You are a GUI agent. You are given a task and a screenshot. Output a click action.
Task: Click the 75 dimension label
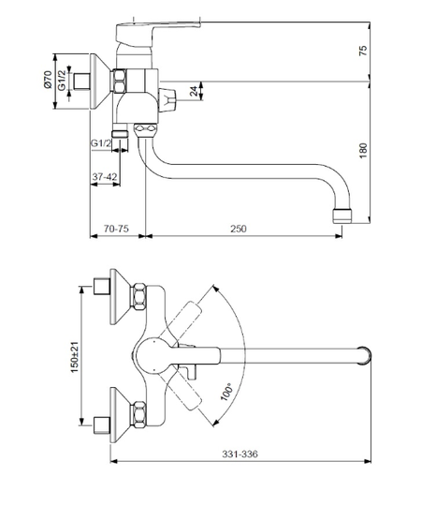click(x=363, y=51)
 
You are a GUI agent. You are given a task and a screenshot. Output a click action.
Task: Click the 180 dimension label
click(x=363, y=150)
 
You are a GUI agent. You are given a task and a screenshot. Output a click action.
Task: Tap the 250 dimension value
click(x=239, y=229)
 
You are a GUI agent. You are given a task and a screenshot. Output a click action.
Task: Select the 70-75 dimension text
click(x=116, y=229)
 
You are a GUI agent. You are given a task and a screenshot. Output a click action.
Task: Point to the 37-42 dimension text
click(x=105, y=176)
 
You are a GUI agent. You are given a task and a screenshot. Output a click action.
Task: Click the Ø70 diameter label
click(x=48, y=80)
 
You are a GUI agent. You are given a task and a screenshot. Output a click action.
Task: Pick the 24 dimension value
click(x=195, y=91)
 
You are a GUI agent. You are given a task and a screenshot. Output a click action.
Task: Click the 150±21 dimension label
click(x=75, y=357)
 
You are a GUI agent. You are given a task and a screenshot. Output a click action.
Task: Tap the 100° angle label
click(x=226, y=392)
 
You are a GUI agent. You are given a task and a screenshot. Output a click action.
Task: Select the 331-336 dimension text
click(x=240, y=454)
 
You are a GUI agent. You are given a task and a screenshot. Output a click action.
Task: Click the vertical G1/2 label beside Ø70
click(x=62, y=81)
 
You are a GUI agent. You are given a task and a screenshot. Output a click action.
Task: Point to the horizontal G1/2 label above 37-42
click(x=101, y=142)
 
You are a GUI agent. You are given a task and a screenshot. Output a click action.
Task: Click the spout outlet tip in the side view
click(x=342, y=216)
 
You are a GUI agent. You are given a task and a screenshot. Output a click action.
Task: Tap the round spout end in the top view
click(x=365, y=355)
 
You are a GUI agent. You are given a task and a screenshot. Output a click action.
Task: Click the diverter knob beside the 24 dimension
click(x=167, y=100)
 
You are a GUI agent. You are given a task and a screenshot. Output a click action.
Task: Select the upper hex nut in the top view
click(x=138, y=297)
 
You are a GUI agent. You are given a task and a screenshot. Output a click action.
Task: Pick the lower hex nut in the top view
click(x=138, y=415)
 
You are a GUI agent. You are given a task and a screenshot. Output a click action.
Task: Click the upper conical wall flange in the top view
click(x=119, y=296)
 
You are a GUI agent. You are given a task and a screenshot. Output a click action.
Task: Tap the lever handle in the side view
click(x=157, y=32)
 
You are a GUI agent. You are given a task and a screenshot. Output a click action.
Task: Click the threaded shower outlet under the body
click(x=120, y=132)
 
